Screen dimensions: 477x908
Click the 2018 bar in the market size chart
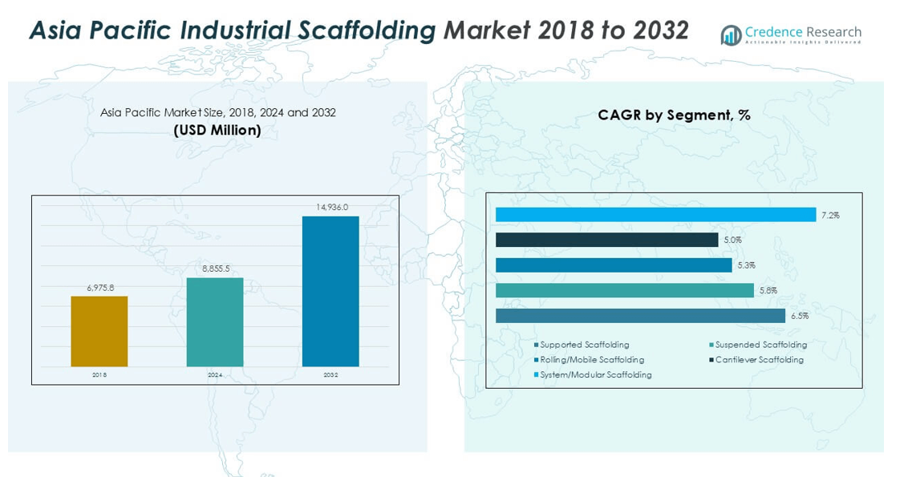click(x=99, y=331)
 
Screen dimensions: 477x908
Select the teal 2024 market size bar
click(x=215, y=322)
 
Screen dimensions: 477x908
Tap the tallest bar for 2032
click(x=330, y=291)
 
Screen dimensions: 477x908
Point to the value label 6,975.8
click(x=99, y=288)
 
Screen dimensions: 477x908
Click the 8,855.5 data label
click(x=215, y=269)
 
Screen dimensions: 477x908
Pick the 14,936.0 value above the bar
click(x=331, y=207)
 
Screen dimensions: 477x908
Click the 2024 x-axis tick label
click(x=215, y=375)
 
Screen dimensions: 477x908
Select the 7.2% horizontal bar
click(x=655, y=215)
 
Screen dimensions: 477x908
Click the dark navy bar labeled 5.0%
click(x=606, y=240)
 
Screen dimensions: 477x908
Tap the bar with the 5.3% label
click(x=614, y=265)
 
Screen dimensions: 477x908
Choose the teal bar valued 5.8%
click(x=625, y=290)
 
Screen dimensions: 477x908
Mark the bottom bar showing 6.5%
click(x=640, y=316)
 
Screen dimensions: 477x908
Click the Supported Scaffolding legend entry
click(x=585, y=345)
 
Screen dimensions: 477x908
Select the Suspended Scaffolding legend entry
click(x=760, y=345)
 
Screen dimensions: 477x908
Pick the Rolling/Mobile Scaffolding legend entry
click(x=591, y=360)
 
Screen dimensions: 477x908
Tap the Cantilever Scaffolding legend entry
click(x=759, y=360)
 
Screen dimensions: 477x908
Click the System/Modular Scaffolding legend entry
click(x=595, y=374)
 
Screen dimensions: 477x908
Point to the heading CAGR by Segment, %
click(x=674, y=115)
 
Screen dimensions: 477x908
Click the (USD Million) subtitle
click(x=217, y=130)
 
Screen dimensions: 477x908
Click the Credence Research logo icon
click(x=730, y=34)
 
